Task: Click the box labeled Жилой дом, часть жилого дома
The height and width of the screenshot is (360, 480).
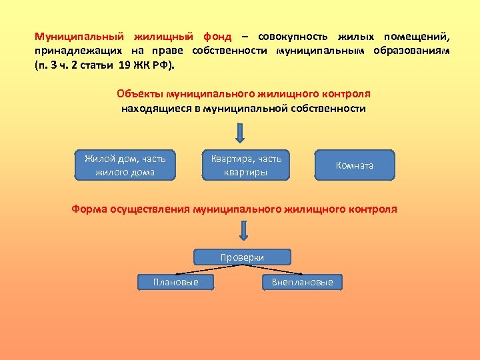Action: [x=125, y=165]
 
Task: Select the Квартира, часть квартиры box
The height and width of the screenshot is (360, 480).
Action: [x=246, y=165]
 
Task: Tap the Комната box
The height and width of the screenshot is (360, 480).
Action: [x=355, y=165]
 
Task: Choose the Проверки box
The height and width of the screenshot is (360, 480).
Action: [x=242, y=257]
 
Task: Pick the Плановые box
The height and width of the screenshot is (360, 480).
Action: [x=175, y=282]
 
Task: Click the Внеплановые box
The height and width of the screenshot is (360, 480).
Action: [x=302, y=282]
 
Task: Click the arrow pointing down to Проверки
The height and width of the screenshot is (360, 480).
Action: [x=244, y=231]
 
